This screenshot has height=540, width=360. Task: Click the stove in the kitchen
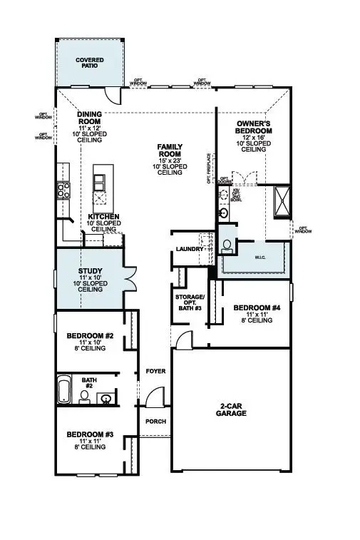pyautogui.click(x=63, y=190)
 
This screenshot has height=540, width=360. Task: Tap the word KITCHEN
pyautogui.click(x=103, y=216)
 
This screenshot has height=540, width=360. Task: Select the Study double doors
pyautogui.click(x=129, y=279)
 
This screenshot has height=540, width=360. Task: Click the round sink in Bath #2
pyautogui.click(x=106, y=398)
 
